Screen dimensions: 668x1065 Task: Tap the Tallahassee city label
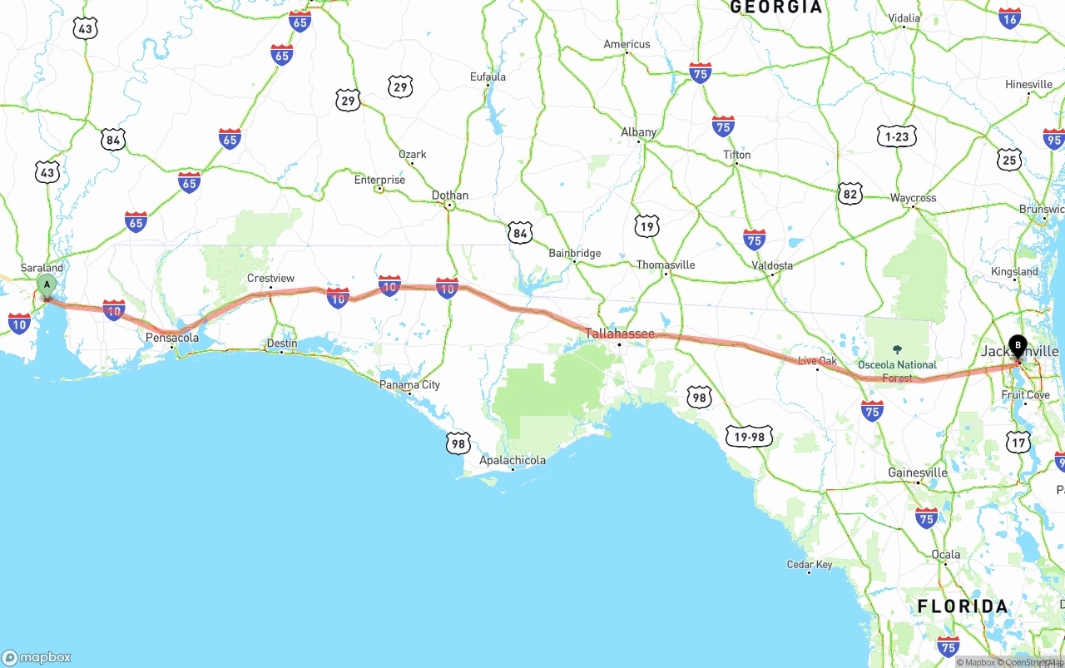pyautogui.click(x=619, y=334)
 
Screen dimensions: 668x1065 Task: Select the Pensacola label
pyautogui.click(x=172, y=338)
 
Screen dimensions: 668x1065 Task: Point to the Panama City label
pyautogui.click(x=409, y=385)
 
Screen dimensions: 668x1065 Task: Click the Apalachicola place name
pyautogui.click(x=513, y=460)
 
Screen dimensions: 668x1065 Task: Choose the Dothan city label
pyautogui.click(x=449, y=195)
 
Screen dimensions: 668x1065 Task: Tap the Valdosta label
pyautogui.click(x=772, y=265)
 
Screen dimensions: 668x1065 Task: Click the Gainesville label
pyautogui.click(x=918, y=473)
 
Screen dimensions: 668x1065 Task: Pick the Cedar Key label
pyautogui.click(x=810, y=565)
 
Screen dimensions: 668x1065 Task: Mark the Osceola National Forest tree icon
pyautogui.click(x=897, y=349)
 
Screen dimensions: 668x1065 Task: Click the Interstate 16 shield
pyautogui.click(x=1009, y=18)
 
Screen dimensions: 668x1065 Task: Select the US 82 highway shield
pyautogui.click(x=850, y=194)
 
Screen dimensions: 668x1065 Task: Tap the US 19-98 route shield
pyautogui.click(x=749, y=437)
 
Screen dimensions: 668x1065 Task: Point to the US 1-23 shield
pyautogui.click(x=896, y=136)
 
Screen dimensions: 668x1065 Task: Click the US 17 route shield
pyautogui.click(x=1018, y=443)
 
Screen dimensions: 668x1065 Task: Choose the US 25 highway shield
pyautogui.click(x=1009, y=160)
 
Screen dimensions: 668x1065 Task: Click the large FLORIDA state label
pyautogui.click(x=963, y=606)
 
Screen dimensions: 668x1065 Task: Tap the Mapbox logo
pyautogui.click(x=37, y=657)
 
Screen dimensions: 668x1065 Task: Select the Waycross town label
pyautogui.click(x=913, y=198)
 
